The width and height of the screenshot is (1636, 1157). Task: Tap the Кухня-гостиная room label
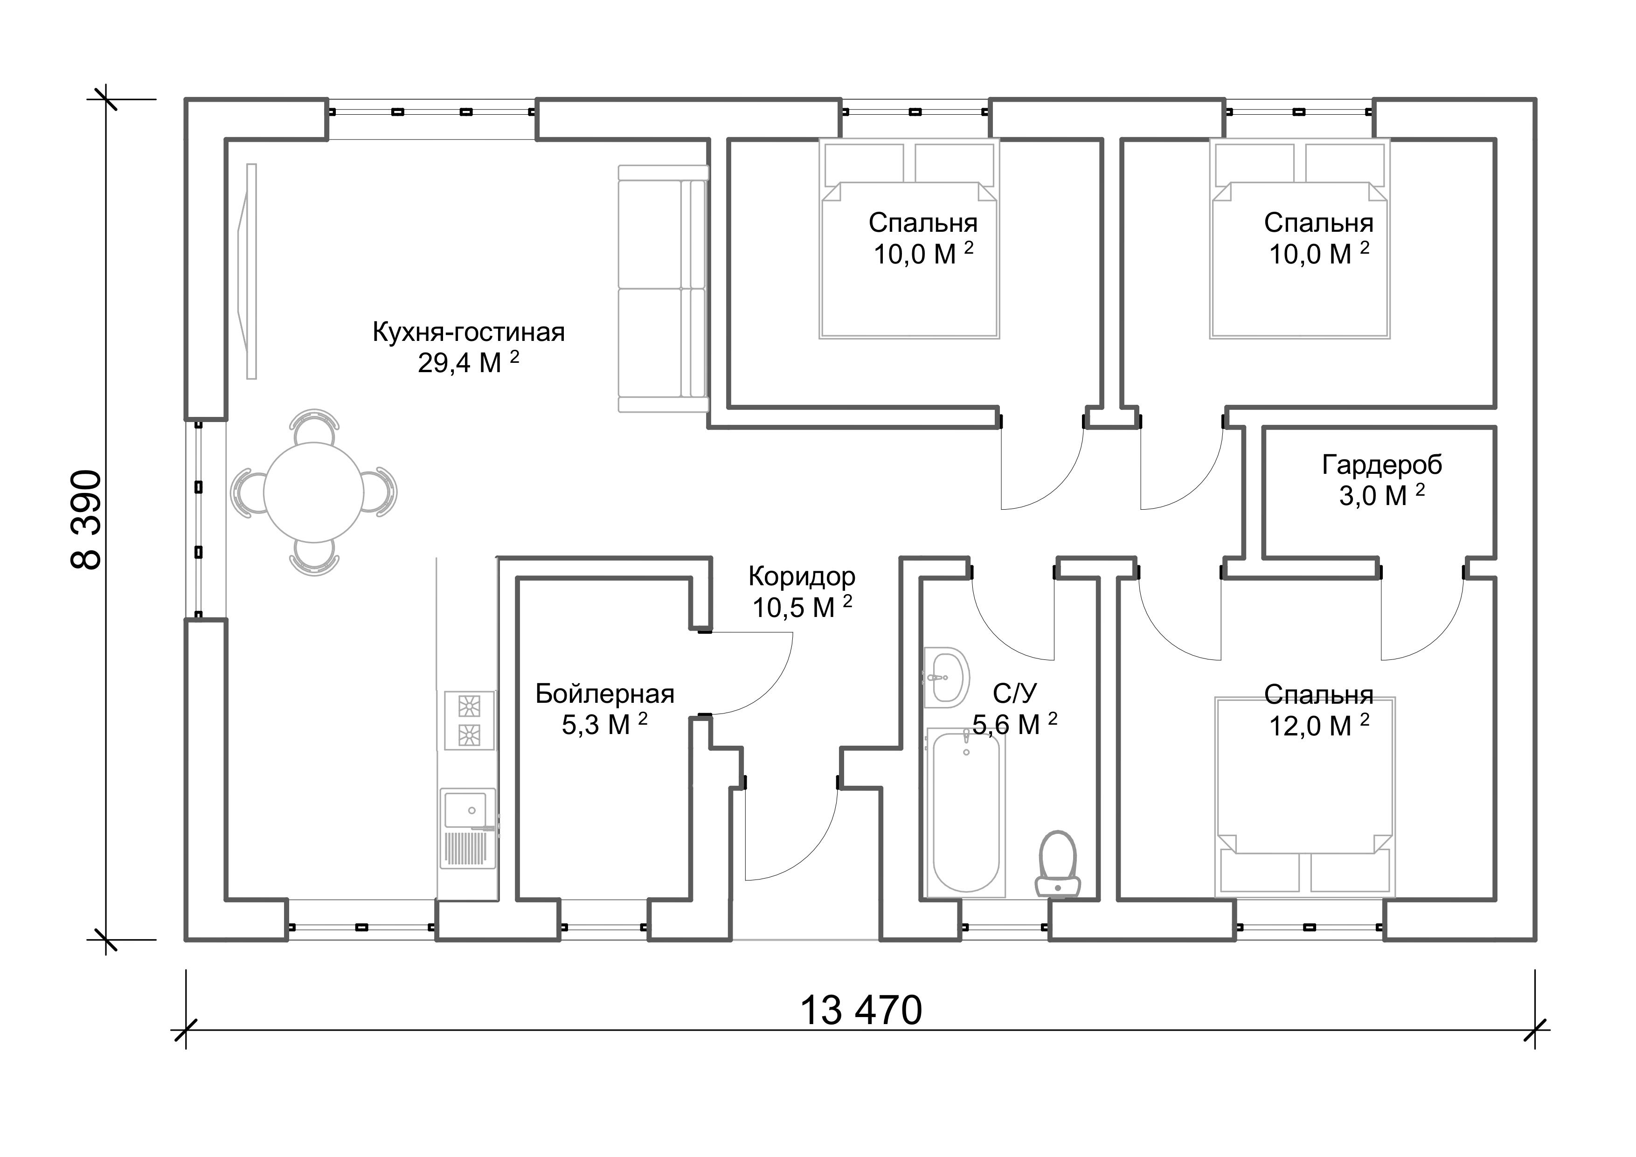pyautogui.click(x=468, y=333)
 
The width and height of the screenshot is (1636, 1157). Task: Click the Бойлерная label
pyautogui.click(x=605, y=694)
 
